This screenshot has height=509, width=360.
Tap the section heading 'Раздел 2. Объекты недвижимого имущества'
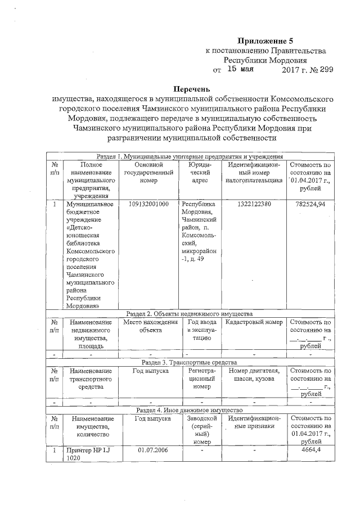coord(189,313)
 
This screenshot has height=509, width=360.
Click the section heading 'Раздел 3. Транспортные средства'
coord(189,362)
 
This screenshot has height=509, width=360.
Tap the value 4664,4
coord(310,451)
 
